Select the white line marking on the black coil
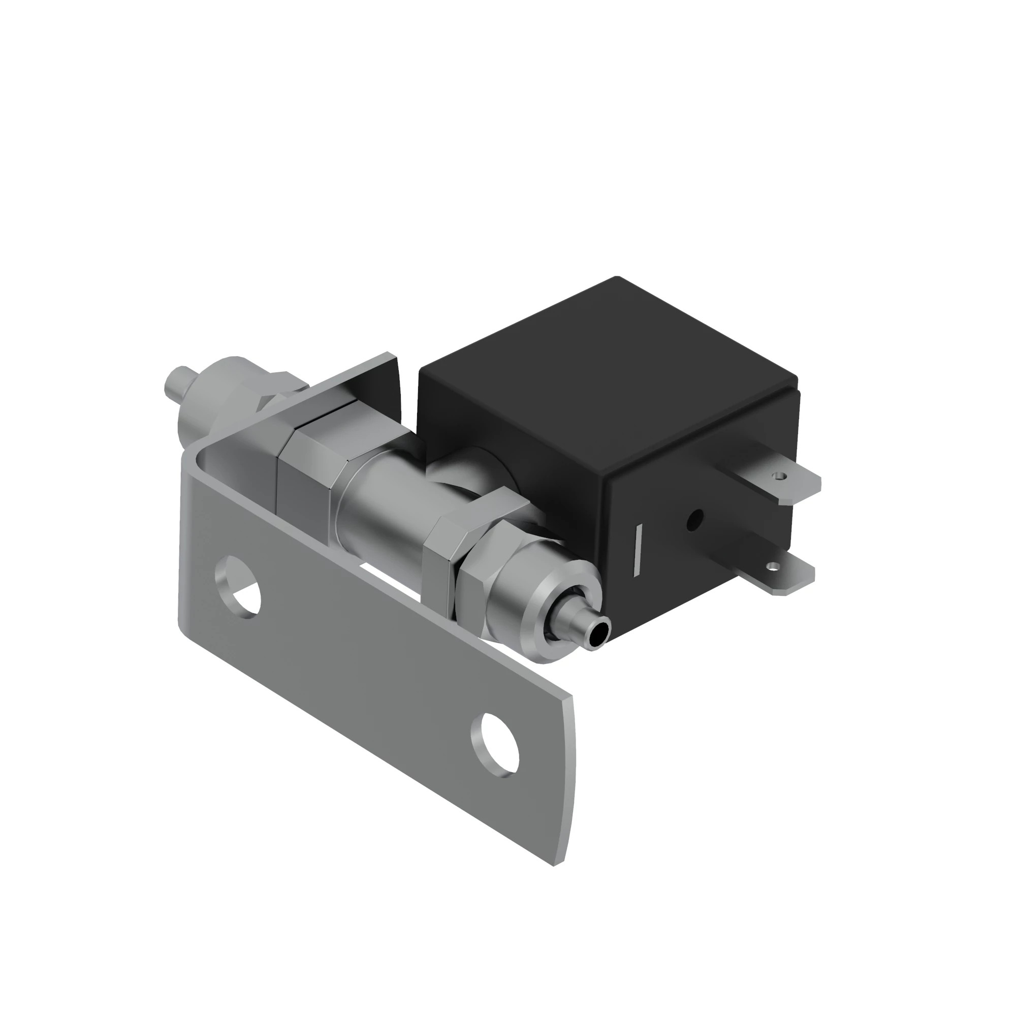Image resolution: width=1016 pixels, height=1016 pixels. point(638,550)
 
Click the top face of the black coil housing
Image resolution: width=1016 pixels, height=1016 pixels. point(605,368)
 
